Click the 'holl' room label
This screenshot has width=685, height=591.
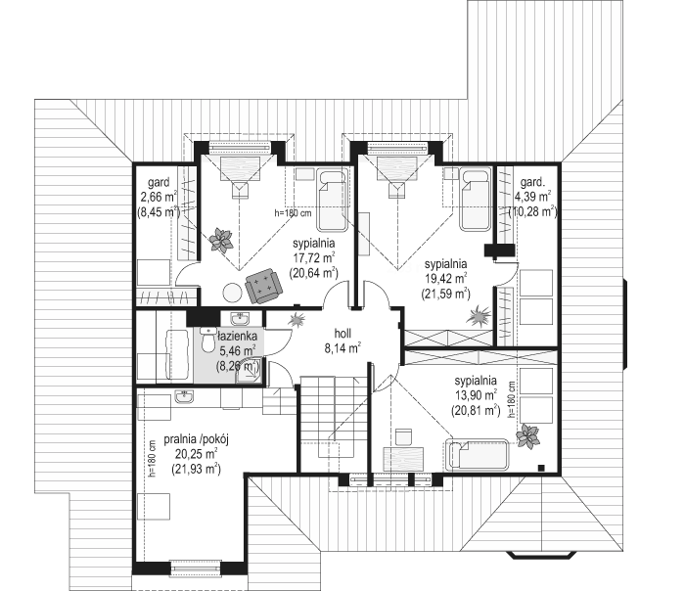point(342,334)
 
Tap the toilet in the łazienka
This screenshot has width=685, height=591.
point(207,339)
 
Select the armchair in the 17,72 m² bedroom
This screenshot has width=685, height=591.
point(262,286)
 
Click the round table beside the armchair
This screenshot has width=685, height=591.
point(232,293)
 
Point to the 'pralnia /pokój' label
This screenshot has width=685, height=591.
point(196,439)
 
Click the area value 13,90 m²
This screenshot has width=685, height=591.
point(476,395)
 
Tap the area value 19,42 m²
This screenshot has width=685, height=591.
point(445,279)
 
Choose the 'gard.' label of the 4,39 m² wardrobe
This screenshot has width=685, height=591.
point(530,181)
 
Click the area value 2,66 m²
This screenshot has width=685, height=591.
point(159,196)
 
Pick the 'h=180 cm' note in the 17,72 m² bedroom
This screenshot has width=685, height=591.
point(293,213)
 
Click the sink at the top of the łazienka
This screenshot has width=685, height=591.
point(240,319)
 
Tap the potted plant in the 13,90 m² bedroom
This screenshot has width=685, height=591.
point(527,436)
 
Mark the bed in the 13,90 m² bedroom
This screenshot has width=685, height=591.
point(477,455)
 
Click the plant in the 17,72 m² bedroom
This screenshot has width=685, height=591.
point(221,239)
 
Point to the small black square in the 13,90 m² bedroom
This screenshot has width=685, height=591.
point(541,468)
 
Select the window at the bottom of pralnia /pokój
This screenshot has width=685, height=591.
point(195,568)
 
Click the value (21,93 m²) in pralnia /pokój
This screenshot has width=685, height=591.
point(196,469)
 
